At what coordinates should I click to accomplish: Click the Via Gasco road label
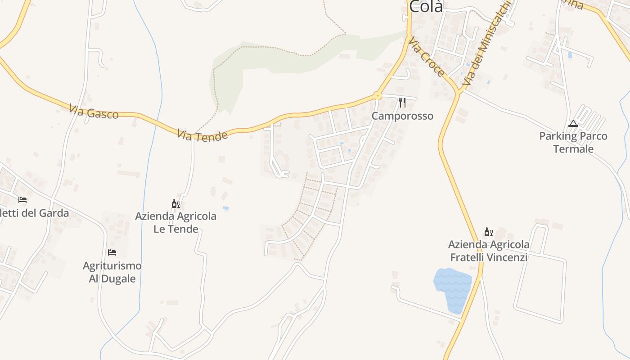[x=94, y=112]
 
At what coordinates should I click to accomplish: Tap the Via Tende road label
[x=202, y=135]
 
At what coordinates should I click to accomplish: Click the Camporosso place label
[x=402, y=116]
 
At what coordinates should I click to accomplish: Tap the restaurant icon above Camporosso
[x=402, y=103]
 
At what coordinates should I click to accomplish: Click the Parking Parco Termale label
[x=573, y=142]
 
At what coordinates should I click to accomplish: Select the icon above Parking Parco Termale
[x=573, y=123]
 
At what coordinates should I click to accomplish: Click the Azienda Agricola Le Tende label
[x=176, y=222]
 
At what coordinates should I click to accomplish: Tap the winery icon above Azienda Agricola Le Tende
[x=176, y=204]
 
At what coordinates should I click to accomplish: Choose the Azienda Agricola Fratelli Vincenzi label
[x=489, y=251]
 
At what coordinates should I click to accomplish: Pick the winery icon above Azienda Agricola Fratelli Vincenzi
[x=489, y=232]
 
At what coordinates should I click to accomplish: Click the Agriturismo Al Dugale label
[x=112, y=272]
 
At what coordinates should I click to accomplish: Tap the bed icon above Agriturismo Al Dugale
[x=112, y=252]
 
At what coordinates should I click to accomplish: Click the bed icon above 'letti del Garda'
[x=22, y=199]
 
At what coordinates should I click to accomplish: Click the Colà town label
[x=426, y=6]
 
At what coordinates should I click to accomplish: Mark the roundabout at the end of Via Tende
[x=377, y=96]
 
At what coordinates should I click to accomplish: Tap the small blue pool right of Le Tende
[x=225, y=208]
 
